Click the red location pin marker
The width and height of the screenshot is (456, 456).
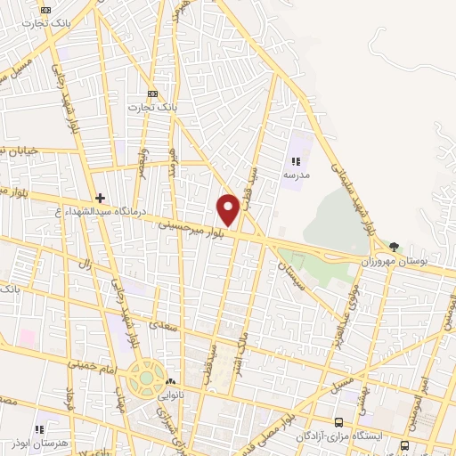(229, 208)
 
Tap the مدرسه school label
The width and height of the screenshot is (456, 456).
(296, 176)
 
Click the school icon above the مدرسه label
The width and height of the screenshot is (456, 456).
(296, 161)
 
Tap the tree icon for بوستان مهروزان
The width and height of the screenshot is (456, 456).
(394, 247)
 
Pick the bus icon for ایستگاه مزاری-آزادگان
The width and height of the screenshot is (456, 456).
(338, 422)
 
